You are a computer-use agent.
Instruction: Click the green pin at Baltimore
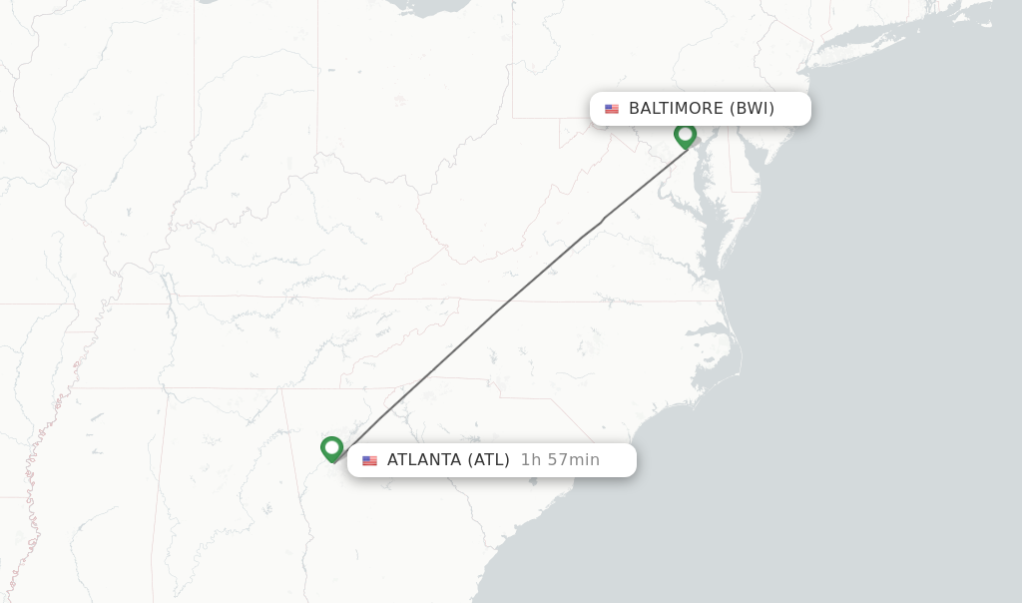click(685, 135)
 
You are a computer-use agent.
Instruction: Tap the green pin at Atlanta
click(332, 448)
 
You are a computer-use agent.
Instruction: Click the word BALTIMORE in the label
click(676, 109)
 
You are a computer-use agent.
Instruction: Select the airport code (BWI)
click(752, 109)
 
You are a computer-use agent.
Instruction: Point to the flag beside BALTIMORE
click(612, 109)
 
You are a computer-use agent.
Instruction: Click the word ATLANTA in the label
click(424, 460)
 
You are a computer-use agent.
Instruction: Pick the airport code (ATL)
click(488, 460)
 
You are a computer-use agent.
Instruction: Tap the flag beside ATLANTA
click(370, 460)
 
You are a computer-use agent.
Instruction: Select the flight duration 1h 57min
click(560, 460)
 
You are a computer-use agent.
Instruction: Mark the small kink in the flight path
click(602, 220)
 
